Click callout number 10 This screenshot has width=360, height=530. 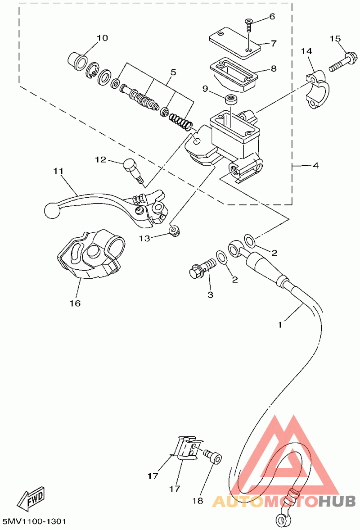click(102, 38)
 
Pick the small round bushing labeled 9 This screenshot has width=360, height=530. click(231, 100)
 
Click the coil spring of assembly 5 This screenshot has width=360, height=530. click(181, 121)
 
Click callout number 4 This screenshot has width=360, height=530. click(315, 166)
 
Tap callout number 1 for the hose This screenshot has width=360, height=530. click(279, 325)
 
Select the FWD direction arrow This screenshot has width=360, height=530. click(31, 498)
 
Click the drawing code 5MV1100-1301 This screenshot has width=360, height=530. click(34, 521)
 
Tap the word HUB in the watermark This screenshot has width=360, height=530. click(337, 501)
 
